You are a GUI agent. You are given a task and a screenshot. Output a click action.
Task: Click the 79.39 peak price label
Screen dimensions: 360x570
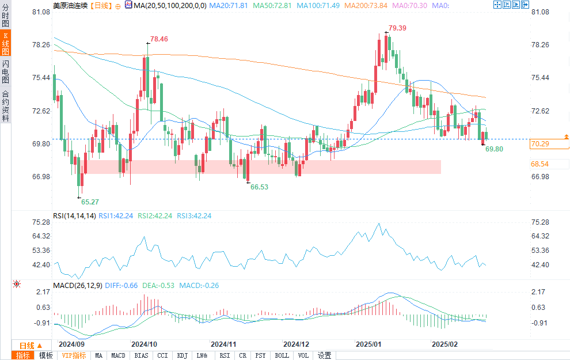pyautogui.click(x=397, y=28)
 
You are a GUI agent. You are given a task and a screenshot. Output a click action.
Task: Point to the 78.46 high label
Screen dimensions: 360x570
pyautogui.click(x=159, y=39)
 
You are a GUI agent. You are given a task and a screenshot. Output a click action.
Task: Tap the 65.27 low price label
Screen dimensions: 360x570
pyautogui.click(x=90, y=202)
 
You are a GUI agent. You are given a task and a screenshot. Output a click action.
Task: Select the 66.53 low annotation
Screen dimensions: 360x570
pyautogui.click(x=259, y=187)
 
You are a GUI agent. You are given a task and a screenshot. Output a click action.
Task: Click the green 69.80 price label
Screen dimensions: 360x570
pyautogui.click(x=494, y=149)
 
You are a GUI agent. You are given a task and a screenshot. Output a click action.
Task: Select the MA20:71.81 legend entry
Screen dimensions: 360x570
pyautogui.click(x=229, y=5)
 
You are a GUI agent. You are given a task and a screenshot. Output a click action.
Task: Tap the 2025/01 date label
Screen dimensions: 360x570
pyautogui.click(x=368, y=344)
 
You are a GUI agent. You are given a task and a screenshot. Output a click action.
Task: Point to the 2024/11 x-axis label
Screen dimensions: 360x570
pyautogui.click(x=224, y=344)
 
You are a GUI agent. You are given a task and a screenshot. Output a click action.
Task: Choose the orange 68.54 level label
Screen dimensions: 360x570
pyautogui.click(x=539, y=164)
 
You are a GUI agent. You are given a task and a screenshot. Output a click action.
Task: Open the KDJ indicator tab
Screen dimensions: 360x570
pyautogui.click(x=182, y=355)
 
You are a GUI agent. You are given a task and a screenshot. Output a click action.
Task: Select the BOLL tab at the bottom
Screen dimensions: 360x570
pyautogui.click(x=282, y=355)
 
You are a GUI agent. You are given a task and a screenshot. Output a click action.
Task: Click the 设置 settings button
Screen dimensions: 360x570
pyautogui.click(x=324, y=355)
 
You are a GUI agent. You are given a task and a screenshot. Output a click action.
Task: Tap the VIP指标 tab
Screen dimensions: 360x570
pyautogui.click(x=74, y=355)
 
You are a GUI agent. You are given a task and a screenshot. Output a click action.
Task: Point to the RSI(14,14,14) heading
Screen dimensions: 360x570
pyautogui.click(x=74, y=216)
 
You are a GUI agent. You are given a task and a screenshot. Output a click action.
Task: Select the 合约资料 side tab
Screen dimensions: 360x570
pyautogui.click(x=6, y=106)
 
